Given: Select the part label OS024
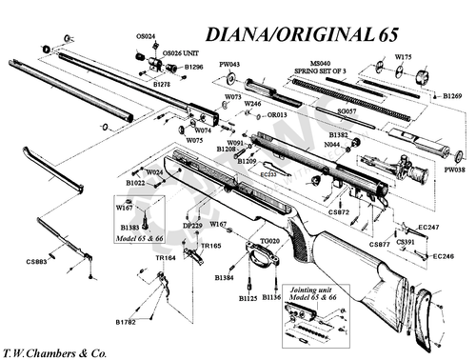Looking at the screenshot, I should (146, 35).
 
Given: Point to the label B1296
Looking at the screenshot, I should (193, 68).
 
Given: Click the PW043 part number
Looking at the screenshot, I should (229, 65).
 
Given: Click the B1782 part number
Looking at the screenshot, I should (127, 323).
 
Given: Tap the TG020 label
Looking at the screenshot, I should (269, 242).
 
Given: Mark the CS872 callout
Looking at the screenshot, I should (339, 211).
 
